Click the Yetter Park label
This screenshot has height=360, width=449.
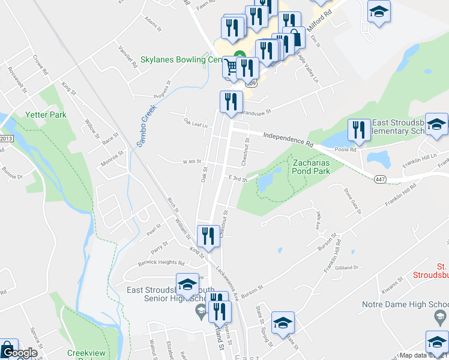[x=46, y=114]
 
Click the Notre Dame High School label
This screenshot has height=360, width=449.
[x=405, y=304]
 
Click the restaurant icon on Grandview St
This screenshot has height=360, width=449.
[x=231, y=103]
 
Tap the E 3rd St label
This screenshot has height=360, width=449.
[x=238, y=179]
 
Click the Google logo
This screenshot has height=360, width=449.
[x=19, y=353]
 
